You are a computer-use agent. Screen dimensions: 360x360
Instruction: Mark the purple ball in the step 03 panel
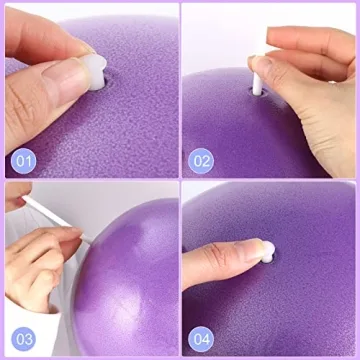point(125,270)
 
